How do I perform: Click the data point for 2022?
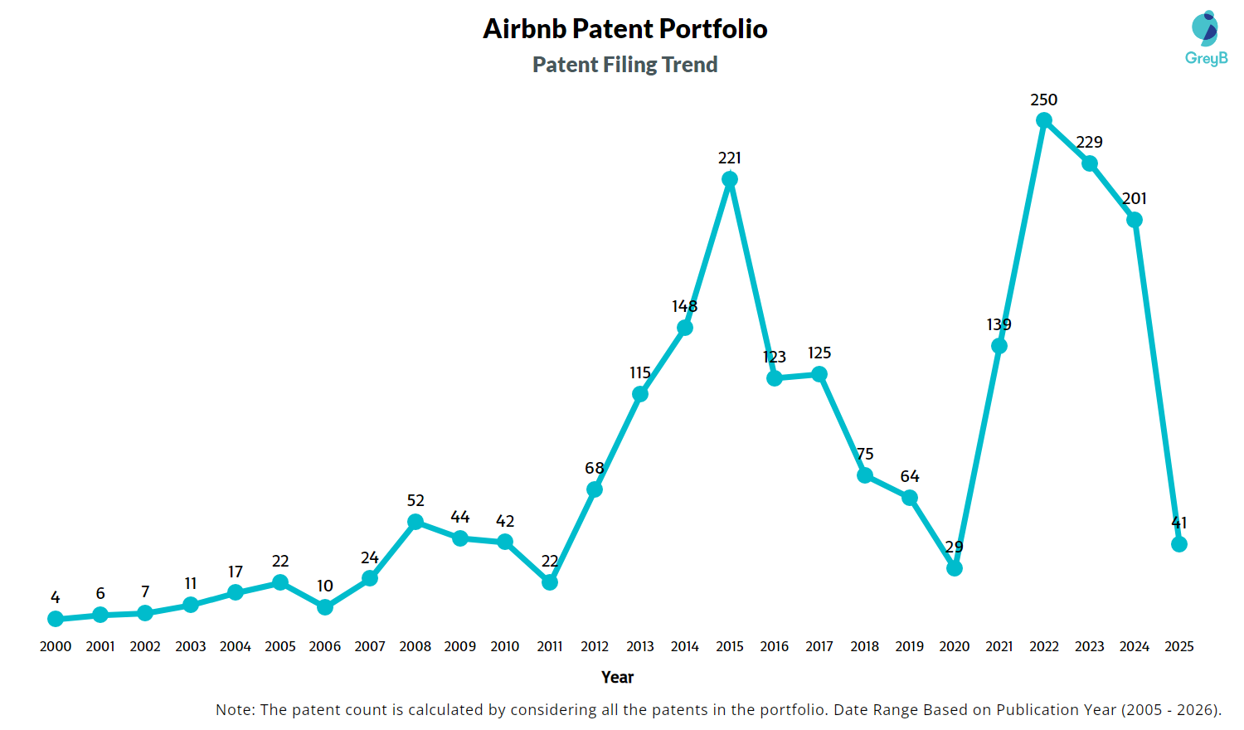[x=1044, y=121]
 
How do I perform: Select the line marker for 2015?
[x=730, y=179]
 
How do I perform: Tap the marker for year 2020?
[x=955, y=568]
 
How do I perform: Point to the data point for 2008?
[x=415, y=522]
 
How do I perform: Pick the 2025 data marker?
[x=1179, y=544]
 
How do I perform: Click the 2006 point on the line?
[x=325, y=607]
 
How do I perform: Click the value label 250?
[x=1044, y=100]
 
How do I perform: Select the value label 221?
[x=730, y=158]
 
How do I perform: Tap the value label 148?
[x=685, y=306]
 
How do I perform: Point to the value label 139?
[x=999, y=324]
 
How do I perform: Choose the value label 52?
[x=415, y=500]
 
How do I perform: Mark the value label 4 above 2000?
[x=56, y=597]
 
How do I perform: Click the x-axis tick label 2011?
[x=550, y=646]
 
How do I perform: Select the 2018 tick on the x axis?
[x=864, y=646]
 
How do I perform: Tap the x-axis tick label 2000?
[x=56, y=646]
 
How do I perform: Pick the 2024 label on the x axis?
[x=1135, y=646]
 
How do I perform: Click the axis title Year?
[x=618, y=677]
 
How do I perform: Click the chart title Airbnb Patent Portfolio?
[x=625, y=29]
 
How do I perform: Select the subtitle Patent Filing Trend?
[x=625, y=65]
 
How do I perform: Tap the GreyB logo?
[x=1206, y=38]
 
